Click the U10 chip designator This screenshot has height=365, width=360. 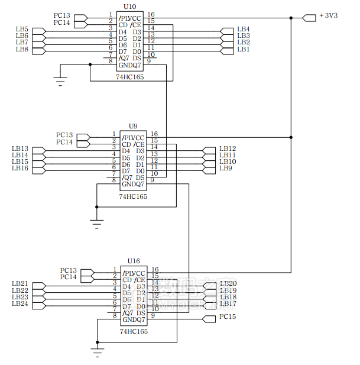click(129, 6)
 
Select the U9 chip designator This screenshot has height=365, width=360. click(133, 126)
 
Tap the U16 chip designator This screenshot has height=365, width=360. click(134, 261)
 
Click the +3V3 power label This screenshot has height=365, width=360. click(329, 15)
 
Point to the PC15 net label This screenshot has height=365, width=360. click(228, 317)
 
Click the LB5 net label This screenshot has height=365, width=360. click(22, 29)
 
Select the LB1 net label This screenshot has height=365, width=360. click(243, 49)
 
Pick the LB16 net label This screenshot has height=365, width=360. click(20, 168)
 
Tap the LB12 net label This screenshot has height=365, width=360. click(228, 148)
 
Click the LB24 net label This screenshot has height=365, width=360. click(20, 303)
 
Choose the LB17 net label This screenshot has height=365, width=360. click(228, 303)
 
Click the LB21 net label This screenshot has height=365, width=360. click(20, 284)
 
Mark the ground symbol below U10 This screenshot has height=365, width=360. click(61, 80)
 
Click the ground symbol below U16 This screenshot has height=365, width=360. click(98, 352)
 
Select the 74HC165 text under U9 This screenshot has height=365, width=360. click(133, 196)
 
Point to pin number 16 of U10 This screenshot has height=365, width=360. click(151, 14)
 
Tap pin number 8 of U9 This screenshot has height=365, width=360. click(113, 180)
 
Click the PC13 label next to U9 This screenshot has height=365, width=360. click(64, 135)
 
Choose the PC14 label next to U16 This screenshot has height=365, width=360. click(69, 277)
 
